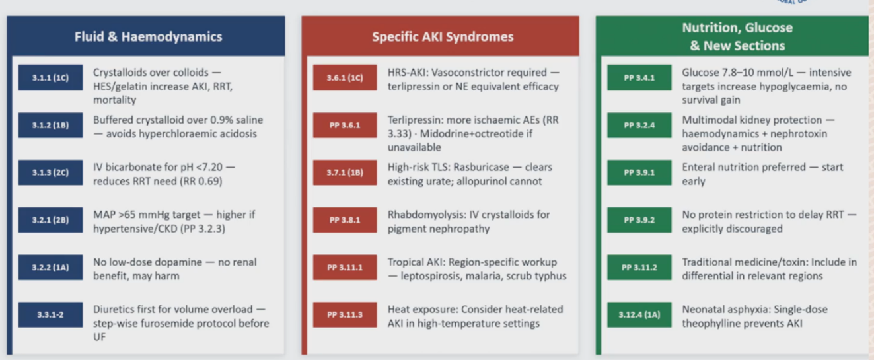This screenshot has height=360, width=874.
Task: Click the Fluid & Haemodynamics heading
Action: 148,37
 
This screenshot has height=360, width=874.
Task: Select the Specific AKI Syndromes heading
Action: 443,37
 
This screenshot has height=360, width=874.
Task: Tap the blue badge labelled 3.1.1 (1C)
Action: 50,78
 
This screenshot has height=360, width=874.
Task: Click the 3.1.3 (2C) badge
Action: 50,172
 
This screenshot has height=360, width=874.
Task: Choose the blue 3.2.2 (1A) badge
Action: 50,267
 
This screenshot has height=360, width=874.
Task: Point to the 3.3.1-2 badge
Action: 50,315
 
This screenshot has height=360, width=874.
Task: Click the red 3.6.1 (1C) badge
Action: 345,78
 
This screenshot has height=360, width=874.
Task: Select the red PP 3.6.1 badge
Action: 345,126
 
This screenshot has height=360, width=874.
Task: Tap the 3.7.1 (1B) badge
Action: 345,172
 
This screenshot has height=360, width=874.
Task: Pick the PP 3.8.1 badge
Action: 345,220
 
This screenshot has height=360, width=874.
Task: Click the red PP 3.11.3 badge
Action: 345,315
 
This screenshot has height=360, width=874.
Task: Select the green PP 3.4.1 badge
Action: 639,78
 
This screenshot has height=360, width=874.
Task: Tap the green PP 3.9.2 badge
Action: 639,220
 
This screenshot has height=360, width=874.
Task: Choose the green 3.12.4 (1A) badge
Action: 639,315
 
